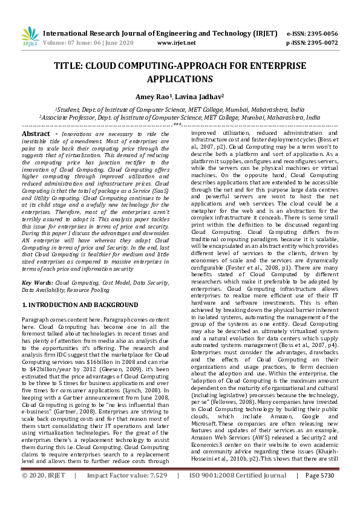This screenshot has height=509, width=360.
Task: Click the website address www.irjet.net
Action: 176,43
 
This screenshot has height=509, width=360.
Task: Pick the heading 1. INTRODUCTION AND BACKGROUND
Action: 80,305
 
